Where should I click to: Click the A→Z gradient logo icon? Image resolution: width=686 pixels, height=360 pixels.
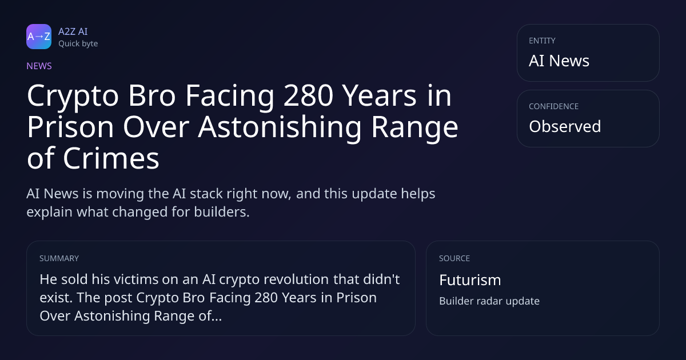click(x=39, y=37)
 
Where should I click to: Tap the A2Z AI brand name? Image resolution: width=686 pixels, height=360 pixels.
click(x=73, y=31)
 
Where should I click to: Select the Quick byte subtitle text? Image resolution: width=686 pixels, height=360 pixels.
click(x=78, y=44)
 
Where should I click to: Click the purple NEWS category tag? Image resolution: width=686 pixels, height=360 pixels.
click(x=39, y=66)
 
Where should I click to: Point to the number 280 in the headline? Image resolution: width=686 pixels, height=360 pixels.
click(x=308, y=96)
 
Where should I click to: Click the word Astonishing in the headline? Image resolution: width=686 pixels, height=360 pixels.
click(x=280, y=127)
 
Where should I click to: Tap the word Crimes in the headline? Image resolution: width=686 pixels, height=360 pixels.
click(x=111, y=159)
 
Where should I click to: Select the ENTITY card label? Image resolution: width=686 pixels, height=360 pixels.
click(x=542, y=41)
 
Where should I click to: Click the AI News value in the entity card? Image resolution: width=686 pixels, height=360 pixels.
click(x=559, y=61)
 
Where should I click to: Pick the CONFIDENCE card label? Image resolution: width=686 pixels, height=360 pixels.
click(x=554, y=106)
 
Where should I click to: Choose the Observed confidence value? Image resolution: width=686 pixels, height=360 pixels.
click(x=565, y=126)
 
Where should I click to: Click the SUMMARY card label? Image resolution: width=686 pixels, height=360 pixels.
click(x=59, y=258)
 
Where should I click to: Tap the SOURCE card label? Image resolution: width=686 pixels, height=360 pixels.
click(x=454, y=258)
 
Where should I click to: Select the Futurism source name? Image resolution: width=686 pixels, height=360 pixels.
click(x=470, y=280)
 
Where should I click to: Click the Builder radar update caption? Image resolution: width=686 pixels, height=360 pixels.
click(x=489, y=301)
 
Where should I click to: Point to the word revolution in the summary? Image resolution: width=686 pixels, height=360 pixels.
click(x=296, y=279)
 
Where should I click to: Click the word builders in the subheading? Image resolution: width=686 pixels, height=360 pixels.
click(x=222, y=212)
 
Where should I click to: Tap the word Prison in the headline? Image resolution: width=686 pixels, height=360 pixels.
click(x=70, y=127)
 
